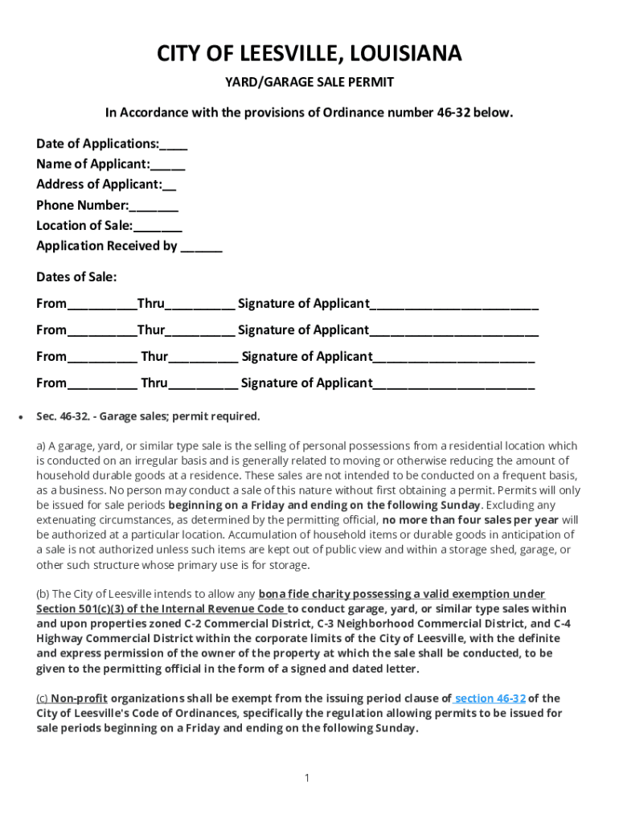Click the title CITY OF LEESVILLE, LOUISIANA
[x=309, y=54]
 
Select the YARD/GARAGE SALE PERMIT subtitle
[x=309, y=83]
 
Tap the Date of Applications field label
[x=97, y=144]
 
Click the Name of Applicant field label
[x=92, y=164]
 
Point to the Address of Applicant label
[x=98, y=184]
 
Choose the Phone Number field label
[x=82, y=205]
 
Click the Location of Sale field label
[x=84, y=225]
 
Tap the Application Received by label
[x=107, y=246]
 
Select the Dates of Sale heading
[x=76, y=277]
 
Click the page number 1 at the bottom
[x=307, y=777]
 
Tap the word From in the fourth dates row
[x=51, y=383]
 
